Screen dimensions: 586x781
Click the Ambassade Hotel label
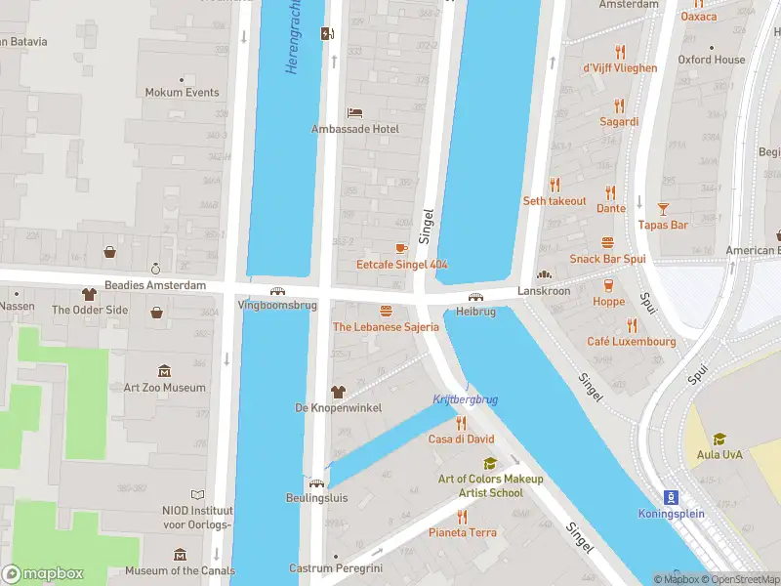354,129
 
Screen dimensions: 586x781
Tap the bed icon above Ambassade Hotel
354,112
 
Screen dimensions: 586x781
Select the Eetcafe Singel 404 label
401,265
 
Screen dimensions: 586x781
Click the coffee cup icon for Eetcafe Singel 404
400,248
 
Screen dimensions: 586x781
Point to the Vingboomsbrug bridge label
277,305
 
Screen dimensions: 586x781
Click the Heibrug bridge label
476,312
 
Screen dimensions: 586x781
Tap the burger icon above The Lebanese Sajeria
386,311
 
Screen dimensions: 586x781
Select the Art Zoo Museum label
164,387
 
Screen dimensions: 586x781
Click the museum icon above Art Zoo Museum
164,370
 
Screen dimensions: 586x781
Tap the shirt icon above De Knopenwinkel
338,391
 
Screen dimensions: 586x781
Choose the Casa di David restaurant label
462,439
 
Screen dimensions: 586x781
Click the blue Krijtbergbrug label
465,399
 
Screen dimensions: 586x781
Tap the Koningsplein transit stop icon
671,496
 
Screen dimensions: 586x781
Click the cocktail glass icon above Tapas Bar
663,208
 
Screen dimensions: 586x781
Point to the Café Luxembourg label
631,342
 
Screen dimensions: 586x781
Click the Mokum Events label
182,93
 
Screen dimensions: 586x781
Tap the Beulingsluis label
317,496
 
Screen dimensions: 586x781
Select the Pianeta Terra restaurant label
463,532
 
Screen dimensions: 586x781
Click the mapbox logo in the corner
43,573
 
